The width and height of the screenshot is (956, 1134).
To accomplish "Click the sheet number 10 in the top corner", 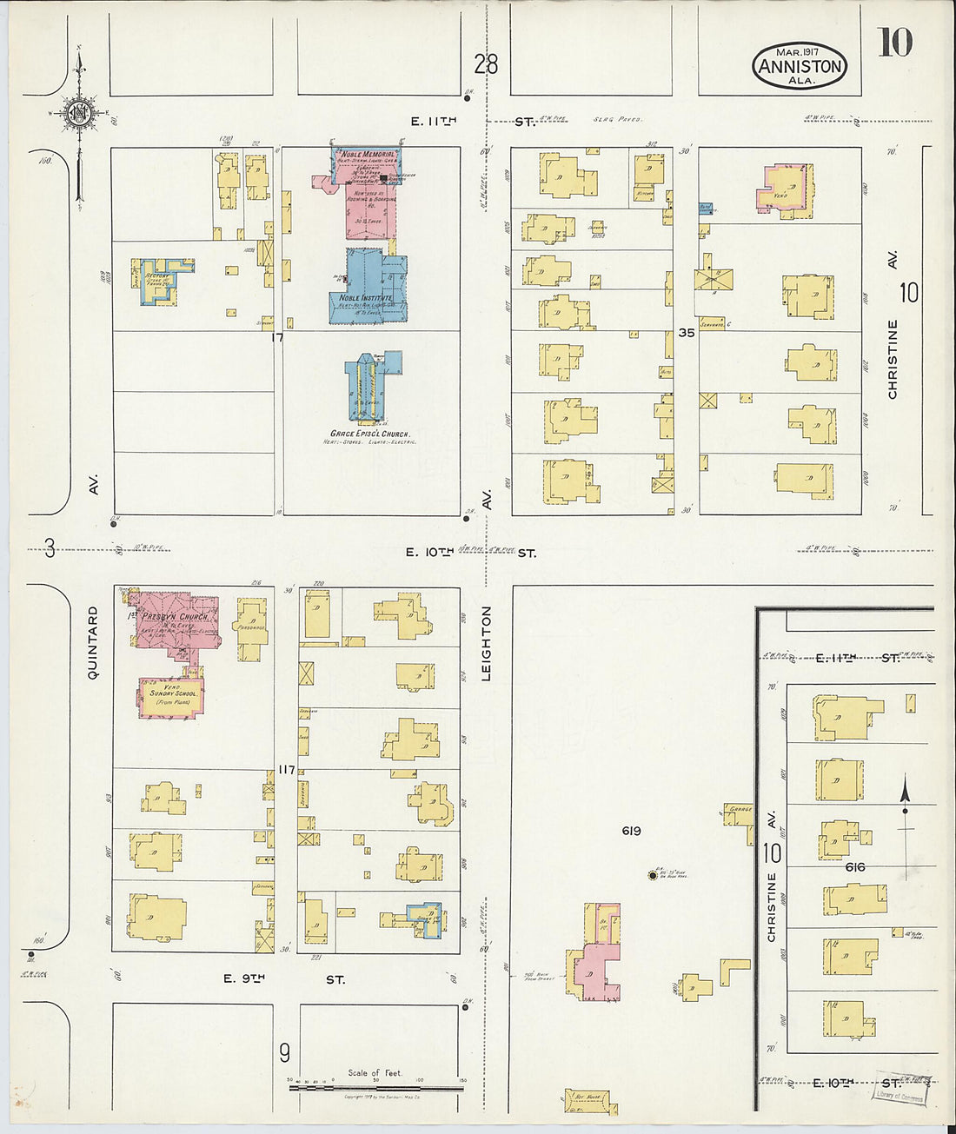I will pos(894,43).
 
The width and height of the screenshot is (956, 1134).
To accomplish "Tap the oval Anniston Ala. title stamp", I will pos(799,65).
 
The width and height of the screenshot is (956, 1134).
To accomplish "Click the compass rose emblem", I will pos(79,112).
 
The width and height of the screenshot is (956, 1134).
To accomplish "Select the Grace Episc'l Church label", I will pos(370,433).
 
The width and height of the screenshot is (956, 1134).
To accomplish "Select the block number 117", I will pos(287,768).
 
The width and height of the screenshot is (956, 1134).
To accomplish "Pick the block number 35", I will pos(687,331).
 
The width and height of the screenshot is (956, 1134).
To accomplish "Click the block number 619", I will pos(631,831).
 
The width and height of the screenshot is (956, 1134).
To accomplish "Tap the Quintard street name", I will pos(93,642).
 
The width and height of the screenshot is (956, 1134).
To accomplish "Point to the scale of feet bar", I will pos(375,1085).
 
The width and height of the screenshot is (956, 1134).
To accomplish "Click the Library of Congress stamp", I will pos(900,1089).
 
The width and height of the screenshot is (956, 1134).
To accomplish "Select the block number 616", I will pos(854,867).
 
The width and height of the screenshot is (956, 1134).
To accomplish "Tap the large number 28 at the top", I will pos(487,63).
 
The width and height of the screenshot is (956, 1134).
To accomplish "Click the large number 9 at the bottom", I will pos(284,1053).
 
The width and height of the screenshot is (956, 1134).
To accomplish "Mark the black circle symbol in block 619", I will pos(652,875).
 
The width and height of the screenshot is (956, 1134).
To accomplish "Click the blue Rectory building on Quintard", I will pos(162,280).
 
